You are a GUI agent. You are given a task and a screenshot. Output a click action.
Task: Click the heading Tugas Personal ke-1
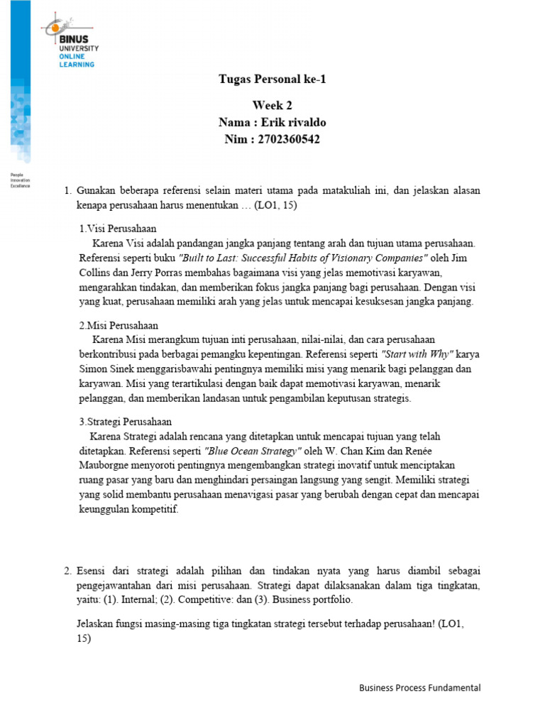point(272,79)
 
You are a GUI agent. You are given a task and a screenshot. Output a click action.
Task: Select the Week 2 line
point(272,106)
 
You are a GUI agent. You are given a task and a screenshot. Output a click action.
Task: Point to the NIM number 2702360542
point(289,139)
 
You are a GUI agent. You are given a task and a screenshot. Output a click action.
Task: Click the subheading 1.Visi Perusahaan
point(117,229)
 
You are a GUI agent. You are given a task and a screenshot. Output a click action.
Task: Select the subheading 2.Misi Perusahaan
point(118,325)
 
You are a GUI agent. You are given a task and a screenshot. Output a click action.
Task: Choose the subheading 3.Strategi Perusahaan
point(125,422)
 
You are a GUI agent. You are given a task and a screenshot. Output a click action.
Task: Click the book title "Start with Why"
point(417,354)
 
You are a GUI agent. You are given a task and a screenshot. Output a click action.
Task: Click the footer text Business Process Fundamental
point(419,687)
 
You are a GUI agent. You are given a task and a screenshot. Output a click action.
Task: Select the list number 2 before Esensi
point(67,570)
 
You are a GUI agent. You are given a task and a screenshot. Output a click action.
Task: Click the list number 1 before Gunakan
point(67,191)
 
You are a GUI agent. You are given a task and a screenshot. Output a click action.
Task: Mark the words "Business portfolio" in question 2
point(312,599)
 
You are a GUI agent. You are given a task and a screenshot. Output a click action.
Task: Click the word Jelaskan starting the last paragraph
point(94,623)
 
